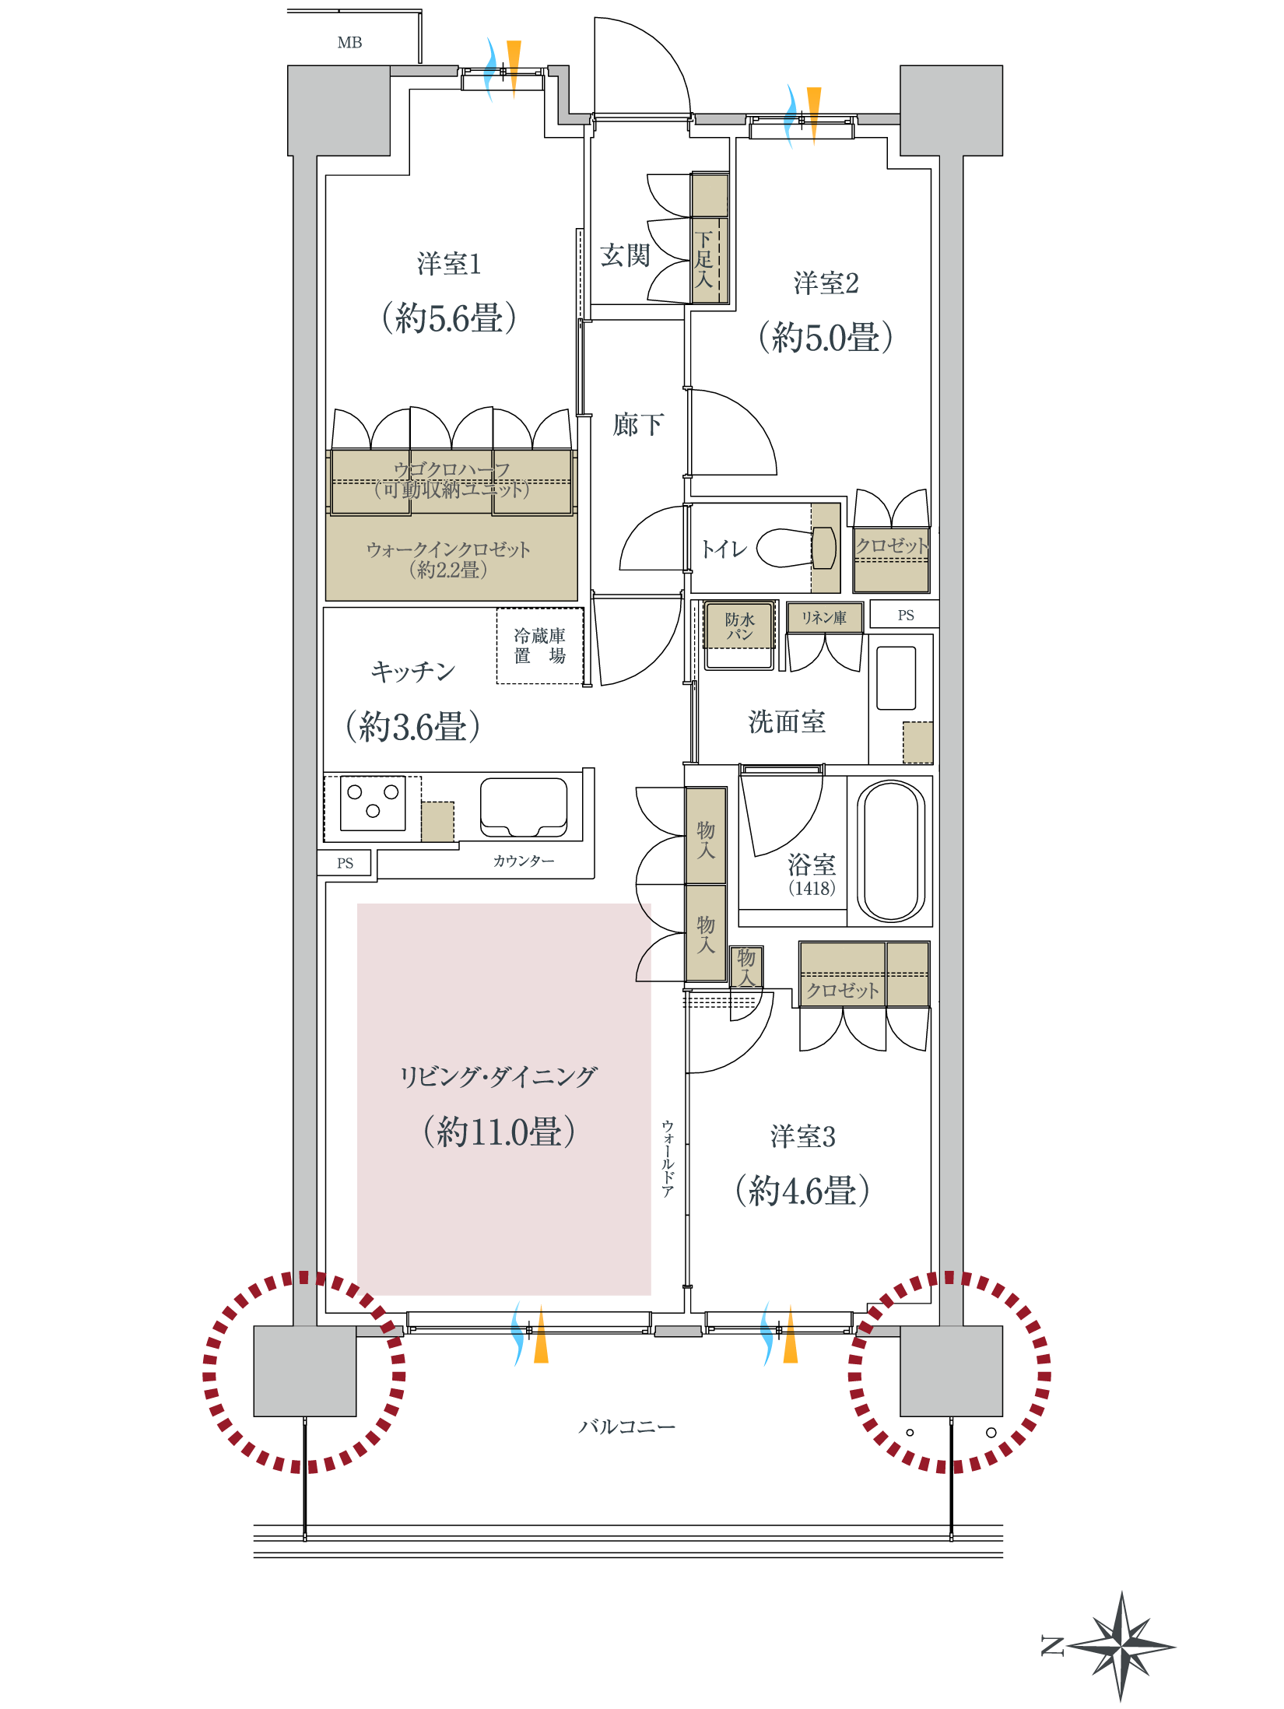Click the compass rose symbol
click(1121, 1646)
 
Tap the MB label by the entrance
click(349, 43)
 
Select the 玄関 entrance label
click(624, 255)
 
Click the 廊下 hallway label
click(638, 425)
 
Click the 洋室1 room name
click(448, 265)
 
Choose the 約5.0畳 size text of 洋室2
click(826, 338)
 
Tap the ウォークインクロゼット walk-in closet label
click(449, 549)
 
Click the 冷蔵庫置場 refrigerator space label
click(539, 646)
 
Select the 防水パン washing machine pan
click(739, 626)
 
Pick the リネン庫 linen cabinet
click(824, 618)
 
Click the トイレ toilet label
click(724, 549)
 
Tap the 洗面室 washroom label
click(786, 722)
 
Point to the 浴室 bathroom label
click(812, 865)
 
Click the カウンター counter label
click(524, 861)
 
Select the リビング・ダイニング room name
click(498, 1077)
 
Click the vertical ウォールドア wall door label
click(668, 1159)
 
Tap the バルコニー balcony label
click(626, 1427)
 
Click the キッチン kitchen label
click(413, 672)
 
